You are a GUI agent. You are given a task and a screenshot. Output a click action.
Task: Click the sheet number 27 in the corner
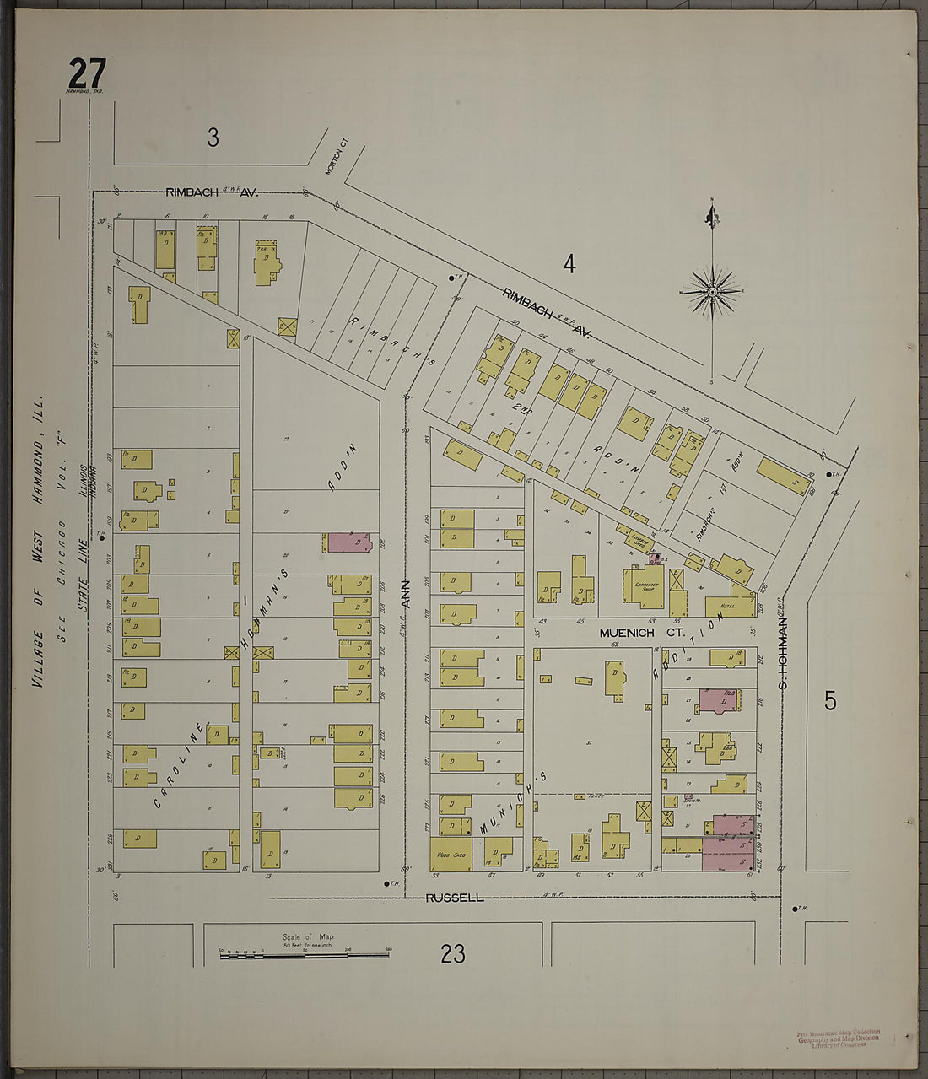87,73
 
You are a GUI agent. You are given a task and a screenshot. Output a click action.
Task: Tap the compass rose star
712,292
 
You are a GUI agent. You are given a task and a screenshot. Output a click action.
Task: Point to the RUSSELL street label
455,898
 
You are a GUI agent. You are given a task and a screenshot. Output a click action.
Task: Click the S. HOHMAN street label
782,650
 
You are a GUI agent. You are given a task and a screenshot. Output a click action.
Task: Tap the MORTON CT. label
331,159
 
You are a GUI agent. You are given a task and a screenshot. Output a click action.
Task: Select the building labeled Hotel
728,605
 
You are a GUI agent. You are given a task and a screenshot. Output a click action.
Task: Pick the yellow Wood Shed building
451,854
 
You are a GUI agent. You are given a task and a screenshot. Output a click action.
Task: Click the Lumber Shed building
639,537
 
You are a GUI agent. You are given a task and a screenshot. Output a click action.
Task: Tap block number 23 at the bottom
453,953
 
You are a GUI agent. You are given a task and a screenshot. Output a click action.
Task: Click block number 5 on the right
830,700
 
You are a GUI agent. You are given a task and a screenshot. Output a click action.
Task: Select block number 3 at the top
213,137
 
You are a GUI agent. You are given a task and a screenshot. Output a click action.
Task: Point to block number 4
569,264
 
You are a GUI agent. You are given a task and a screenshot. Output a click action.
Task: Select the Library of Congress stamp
839,1039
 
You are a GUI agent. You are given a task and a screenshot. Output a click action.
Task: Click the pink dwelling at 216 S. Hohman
719,700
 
